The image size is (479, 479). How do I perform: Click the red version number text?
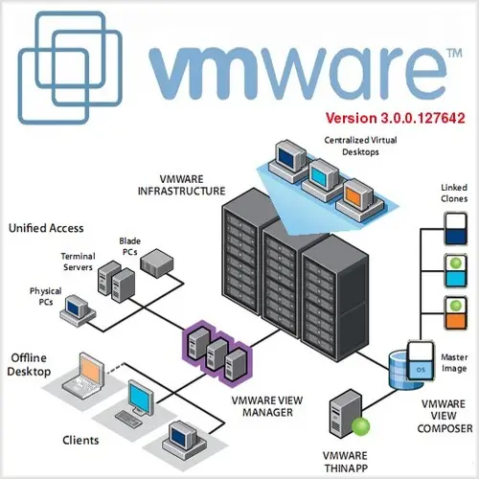click(396, 118)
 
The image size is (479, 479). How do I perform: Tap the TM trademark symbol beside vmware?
click(454, 53)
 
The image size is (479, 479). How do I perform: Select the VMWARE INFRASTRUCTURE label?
click(181, 185)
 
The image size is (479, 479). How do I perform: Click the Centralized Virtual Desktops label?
click(360, 146)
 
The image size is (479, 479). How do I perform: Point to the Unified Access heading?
click(46, 228)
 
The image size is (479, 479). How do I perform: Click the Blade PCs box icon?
click(157, 262)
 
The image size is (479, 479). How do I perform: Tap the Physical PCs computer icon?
click(78, 310)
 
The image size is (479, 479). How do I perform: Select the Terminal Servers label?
click(78, 262)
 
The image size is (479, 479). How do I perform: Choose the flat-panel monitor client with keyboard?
click(135, 403)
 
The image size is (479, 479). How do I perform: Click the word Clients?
click(80, 441)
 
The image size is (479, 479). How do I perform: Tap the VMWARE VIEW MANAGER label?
click(267, 406)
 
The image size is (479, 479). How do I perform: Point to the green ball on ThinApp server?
click(361, 426)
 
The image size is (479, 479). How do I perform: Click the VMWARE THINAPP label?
click(346, 462)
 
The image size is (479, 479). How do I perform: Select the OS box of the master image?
click(421, 370)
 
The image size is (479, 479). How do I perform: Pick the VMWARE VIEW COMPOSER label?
click(445, 416)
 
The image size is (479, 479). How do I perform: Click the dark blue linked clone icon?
click(456, 229)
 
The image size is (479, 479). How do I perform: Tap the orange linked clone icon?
click(456, 312)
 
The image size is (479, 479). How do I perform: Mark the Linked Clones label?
click(454, 193)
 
